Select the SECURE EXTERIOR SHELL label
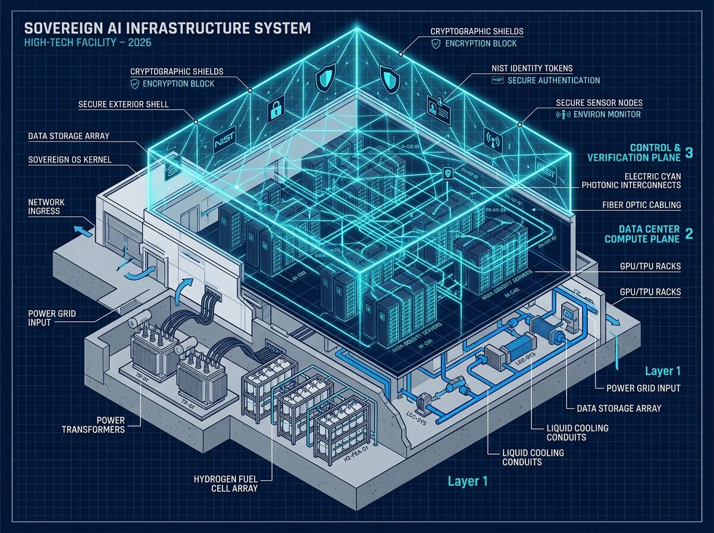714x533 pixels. click(123, 105)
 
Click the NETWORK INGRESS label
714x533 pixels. click(46, 206)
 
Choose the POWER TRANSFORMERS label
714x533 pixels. click(102, 424)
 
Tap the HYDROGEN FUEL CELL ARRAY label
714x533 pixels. click(226, 483)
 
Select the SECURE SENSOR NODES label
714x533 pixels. click(599, 102)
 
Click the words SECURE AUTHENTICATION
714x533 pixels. click(554, 80)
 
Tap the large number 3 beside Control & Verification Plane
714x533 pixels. click(688, 152)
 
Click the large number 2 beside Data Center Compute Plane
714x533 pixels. click(689, 234)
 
